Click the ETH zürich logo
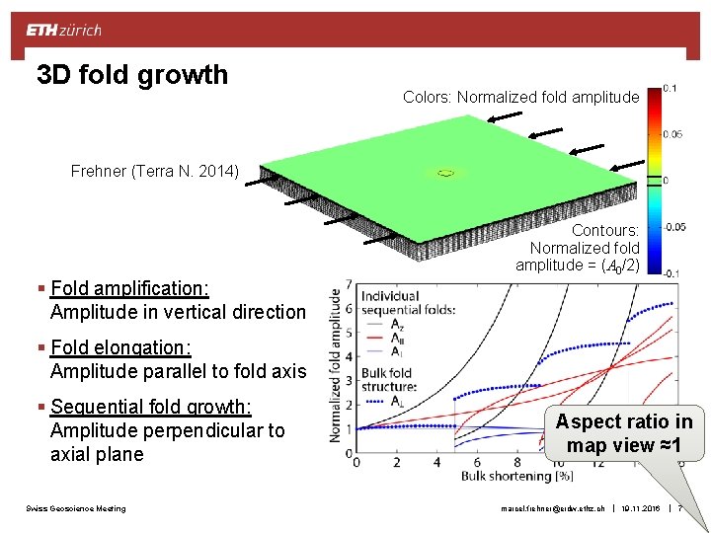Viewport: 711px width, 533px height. tap(64, 31)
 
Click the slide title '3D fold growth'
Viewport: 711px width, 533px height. tap(131, 75)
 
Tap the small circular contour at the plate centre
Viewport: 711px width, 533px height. tap(445, 173)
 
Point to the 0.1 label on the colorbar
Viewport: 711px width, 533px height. tap(670, 88)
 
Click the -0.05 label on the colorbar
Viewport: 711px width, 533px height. tap(673, 227)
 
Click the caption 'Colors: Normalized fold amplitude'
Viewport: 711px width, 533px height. tap(520, 97)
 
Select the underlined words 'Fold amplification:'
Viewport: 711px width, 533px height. tap(129, 288)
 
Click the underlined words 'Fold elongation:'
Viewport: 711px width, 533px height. tap(120, 347)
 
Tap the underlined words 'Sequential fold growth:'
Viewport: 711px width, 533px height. tap(151, 407)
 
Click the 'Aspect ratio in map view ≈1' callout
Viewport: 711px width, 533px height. tap(623, 432)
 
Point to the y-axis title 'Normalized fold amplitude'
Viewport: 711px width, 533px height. tap(336, 370)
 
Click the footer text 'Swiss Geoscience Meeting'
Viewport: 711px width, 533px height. tap(76, 508)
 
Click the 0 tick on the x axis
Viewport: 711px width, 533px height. tap(356, 462)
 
